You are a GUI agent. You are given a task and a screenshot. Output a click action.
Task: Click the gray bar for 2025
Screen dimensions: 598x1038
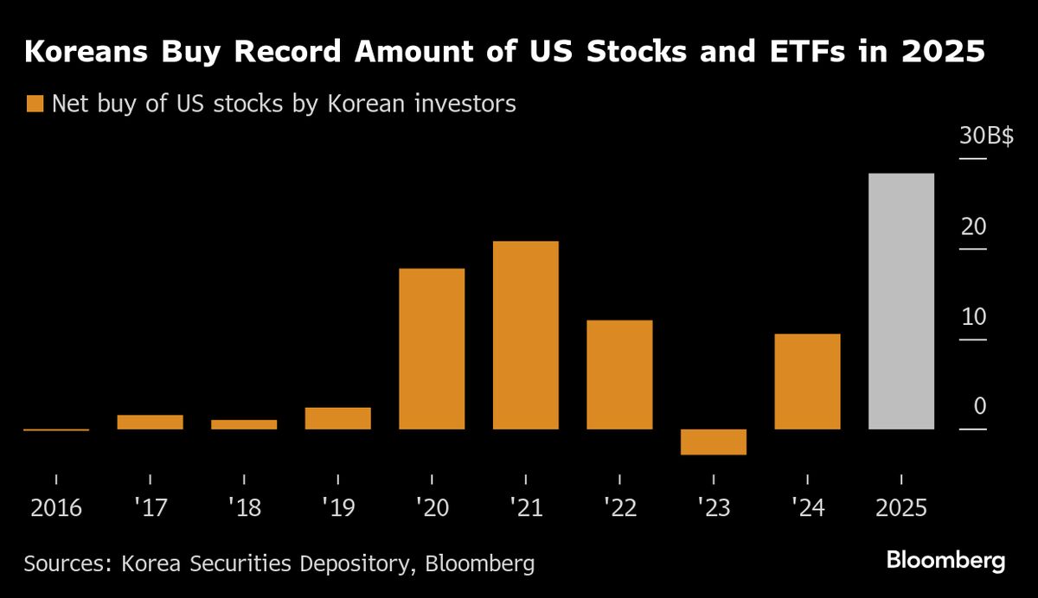900,301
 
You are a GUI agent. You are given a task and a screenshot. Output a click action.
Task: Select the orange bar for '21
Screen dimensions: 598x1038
525,334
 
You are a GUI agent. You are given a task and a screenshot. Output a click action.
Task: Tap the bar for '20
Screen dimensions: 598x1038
432,348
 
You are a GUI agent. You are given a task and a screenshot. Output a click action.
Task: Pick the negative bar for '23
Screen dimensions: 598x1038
713,442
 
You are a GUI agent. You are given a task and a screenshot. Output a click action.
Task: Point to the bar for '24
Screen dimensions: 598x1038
807,381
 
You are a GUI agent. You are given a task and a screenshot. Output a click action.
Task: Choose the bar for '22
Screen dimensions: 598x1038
619,374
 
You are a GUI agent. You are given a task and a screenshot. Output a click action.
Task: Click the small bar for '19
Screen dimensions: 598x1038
337,418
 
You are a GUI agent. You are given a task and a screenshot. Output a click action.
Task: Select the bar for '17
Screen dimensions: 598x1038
150,422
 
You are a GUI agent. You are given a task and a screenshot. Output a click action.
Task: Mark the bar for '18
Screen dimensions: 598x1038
244,424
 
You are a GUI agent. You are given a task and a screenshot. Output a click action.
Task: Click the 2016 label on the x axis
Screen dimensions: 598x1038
56,507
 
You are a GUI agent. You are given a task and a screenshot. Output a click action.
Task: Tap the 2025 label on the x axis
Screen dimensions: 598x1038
900,507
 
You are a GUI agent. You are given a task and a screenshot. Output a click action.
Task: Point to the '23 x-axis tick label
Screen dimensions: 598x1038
713,507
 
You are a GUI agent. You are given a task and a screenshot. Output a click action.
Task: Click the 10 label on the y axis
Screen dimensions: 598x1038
973,316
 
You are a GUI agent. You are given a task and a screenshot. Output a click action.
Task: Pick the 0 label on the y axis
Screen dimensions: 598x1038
979,406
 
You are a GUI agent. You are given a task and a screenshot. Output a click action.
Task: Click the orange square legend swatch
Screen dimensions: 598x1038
35,105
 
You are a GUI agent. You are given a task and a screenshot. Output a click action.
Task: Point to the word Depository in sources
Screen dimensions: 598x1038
339,564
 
